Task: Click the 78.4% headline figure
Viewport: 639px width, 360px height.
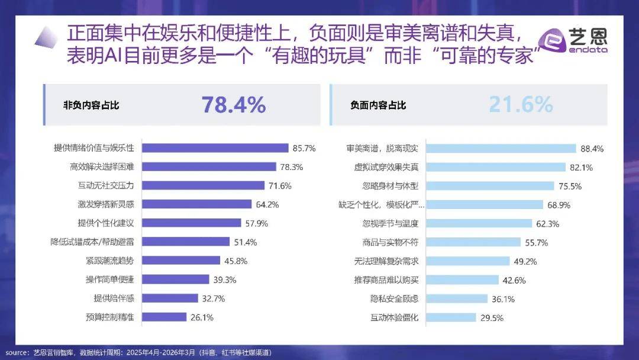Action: coord(234,105)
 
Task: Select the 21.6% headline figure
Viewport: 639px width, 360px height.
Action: coord(521,105)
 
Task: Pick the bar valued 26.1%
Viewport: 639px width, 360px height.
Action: coord(164,317)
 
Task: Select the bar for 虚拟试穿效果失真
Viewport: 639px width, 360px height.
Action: coord(495,167)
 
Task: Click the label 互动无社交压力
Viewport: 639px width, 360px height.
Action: coord(102,185)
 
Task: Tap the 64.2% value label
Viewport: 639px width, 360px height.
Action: coord(267,204)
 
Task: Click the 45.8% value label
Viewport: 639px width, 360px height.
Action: coord(235,261)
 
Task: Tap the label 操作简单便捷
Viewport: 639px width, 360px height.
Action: coord(110,279)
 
